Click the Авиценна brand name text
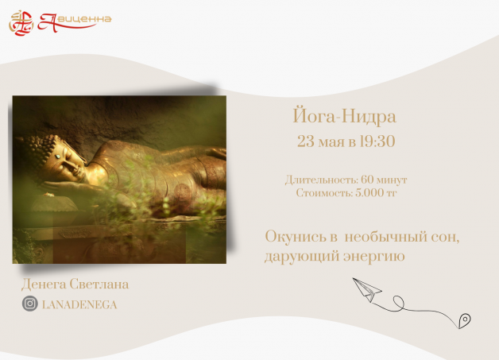click(x=75, y=22)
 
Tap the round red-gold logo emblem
click(x=21, y=23)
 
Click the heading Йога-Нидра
click(x=344, y=116)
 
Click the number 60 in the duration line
click(x=367, y=180)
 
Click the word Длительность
click(x=322, y=180)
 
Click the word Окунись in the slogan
click(x=296, y=237)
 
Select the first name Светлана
click(x=99, y=284)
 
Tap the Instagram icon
click(x=30, y=304)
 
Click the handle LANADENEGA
click(x=79, y=305)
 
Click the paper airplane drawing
click(x=367, y=289)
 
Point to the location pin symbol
click(x=465, y=320)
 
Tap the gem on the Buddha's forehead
click(x=58, y=157)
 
